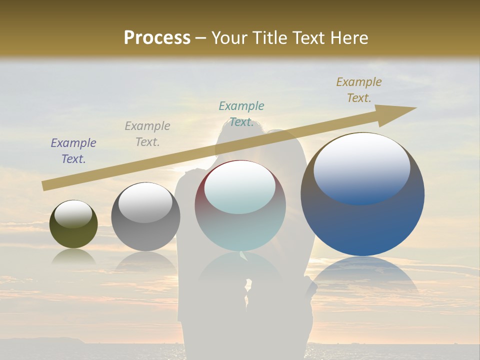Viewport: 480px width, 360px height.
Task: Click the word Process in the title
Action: (157, 38)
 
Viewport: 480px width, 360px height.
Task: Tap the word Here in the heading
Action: (349, 38)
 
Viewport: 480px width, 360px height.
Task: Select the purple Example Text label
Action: (73, 151)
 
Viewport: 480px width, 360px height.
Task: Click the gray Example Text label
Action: (147, 134)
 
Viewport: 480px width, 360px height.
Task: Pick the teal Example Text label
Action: (241, 114)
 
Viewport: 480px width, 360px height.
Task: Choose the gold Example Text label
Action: (359, 90)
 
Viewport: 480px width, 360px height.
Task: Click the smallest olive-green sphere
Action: (73, 235)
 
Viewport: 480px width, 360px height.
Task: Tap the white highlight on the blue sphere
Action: (362, 167)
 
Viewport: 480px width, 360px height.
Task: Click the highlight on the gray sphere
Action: (145, 202)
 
